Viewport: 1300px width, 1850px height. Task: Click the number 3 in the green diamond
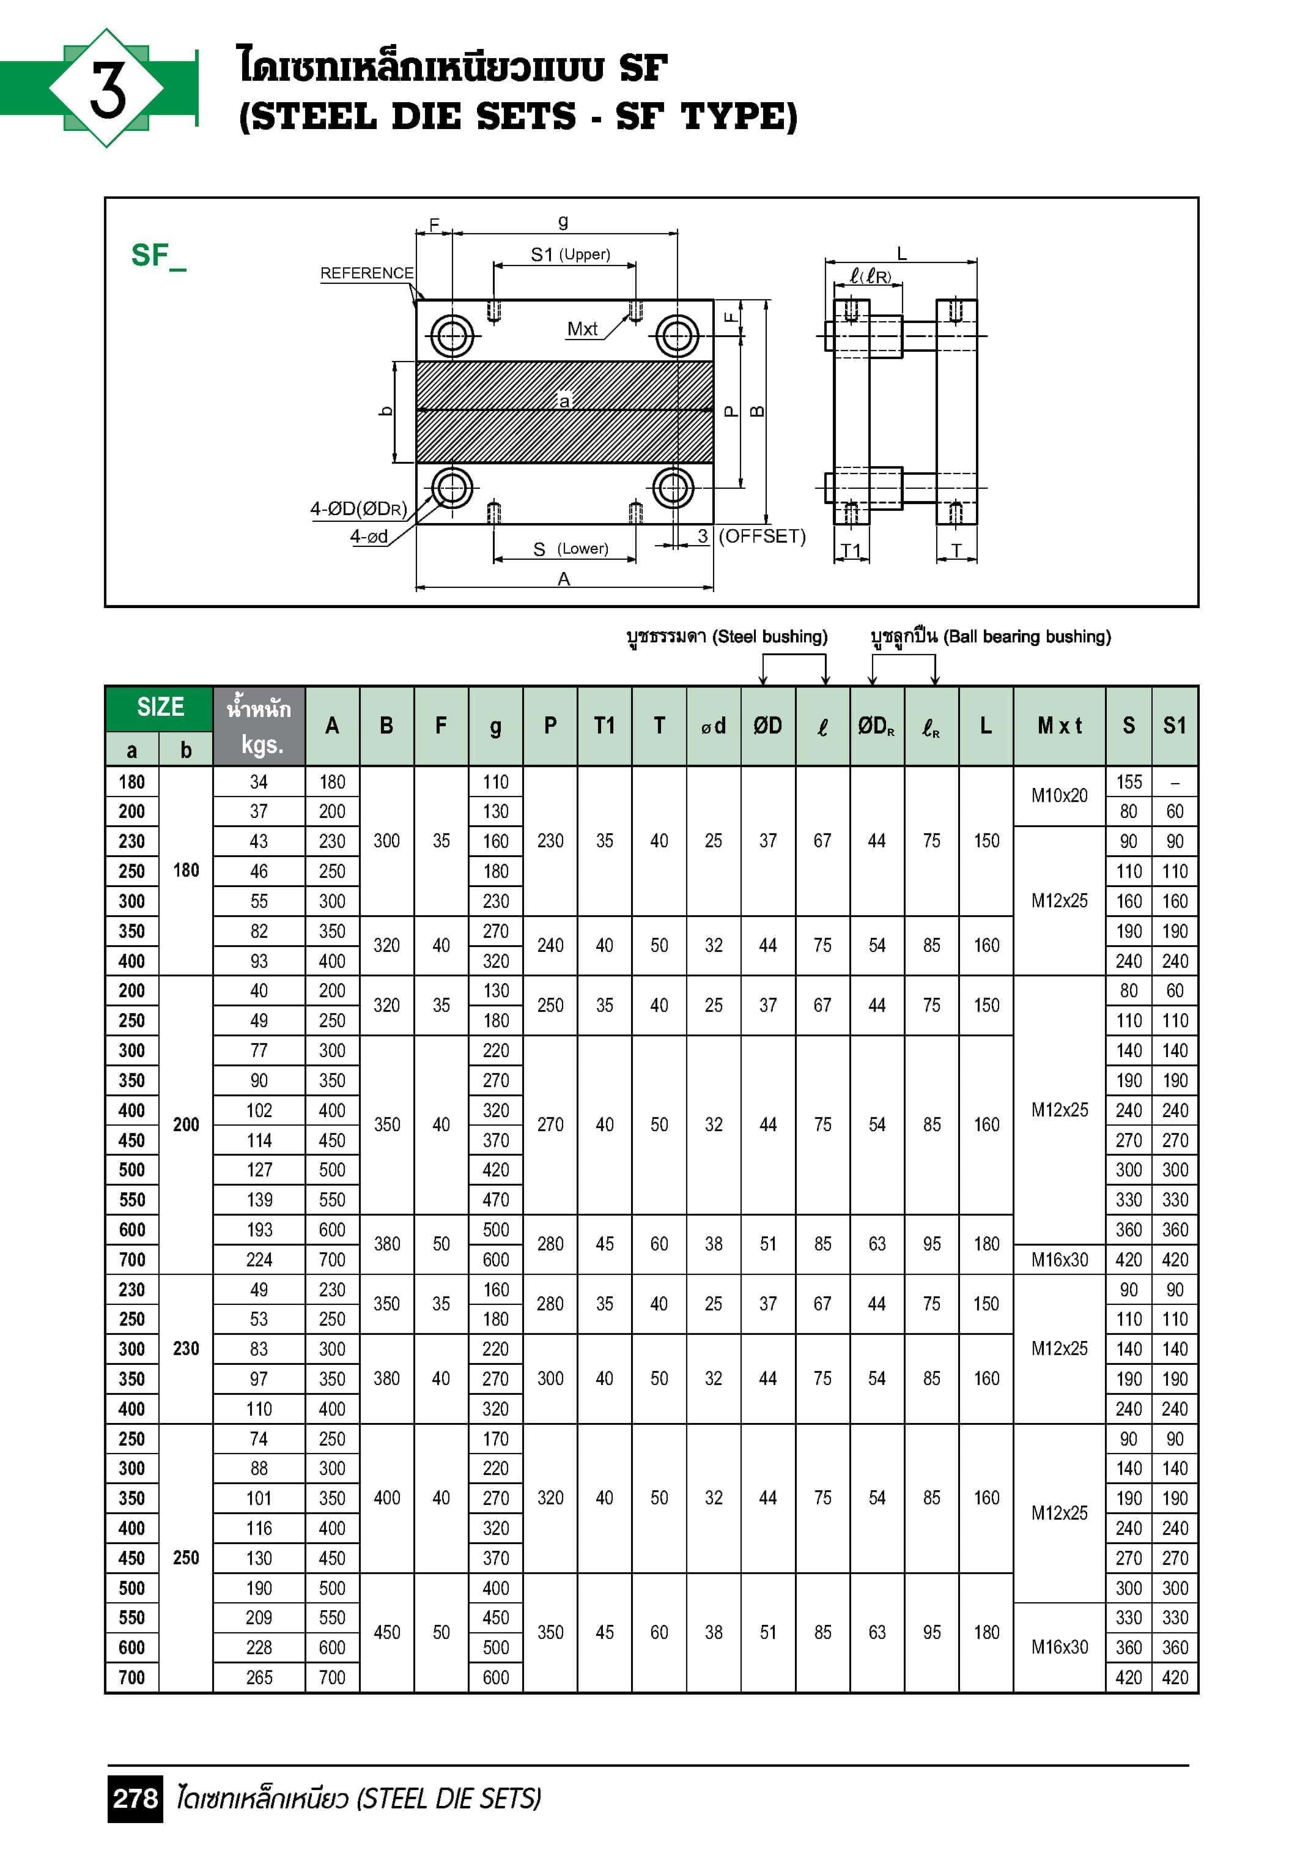(107, 89)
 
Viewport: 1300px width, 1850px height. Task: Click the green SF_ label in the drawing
(158, 256)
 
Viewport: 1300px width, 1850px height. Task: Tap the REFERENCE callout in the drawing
(366, 273)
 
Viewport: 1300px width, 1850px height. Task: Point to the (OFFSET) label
(761, 537)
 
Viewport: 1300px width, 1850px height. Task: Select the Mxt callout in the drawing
(582, 329)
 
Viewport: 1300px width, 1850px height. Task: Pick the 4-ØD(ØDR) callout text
(358, 509)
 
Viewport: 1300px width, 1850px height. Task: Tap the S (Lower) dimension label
(571, 549)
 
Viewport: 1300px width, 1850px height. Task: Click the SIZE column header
(160, 707)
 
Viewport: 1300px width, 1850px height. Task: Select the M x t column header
(1058, 726)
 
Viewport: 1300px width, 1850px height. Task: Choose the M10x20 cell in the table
(1058, 795)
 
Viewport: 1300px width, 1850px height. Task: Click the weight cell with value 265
(259, 1677)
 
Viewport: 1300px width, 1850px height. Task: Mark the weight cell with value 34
(259, 782)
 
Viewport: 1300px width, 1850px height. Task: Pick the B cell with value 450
(386, 1632)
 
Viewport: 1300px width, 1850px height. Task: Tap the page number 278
(135, 1799)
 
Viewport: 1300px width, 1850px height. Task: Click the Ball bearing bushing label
(991, 636)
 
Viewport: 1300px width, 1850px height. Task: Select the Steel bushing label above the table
(726, 636)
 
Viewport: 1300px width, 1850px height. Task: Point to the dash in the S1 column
(1175, 782)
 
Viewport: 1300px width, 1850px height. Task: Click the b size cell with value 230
(186, 1349)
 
